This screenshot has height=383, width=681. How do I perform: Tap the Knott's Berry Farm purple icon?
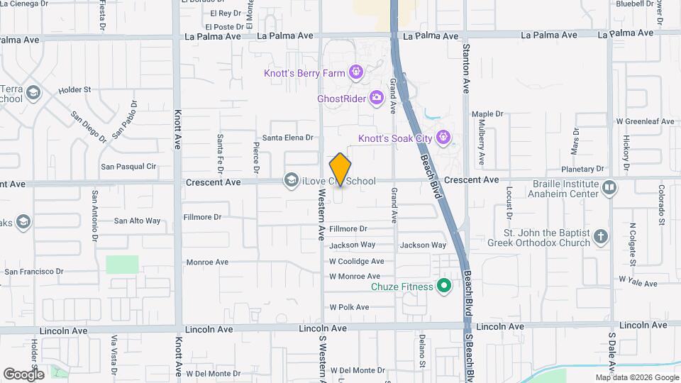click(355, 72)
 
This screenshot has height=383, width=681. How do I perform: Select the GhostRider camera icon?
click(377, 98)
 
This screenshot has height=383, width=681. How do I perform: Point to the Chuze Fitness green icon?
click(445, 287)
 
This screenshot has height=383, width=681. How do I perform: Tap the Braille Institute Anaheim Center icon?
click(609, 187)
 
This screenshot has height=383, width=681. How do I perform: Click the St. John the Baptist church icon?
click(601, 237)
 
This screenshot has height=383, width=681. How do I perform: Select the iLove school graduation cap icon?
click(291, 181)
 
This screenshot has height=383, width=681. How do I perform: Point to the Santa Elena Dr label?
click(288, 138)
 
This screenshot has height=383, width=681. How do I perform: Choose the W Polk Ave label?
click(349, 307)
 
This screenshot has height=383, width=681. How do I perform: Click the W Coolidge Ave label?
click(356, 261)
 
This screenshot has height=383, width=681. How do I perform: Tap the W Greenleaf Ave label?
click(645, 121)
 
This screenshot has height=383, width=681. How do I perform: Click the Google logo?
click(24, 374)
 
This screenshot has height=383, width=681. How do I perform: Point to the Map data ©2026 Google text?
click(636, 377)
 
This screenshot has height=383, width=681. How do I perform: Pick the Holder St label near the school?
click(75, 90)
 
